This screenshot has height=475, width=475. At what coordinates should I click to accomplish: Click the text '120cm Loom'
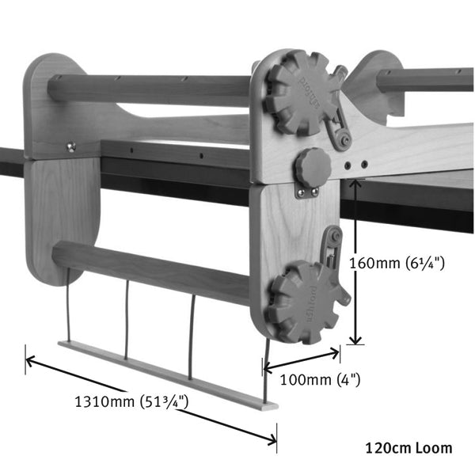(x=408, y=448)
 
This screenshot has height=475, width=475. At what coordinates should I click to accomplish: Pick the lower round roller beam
(x=150, y=265)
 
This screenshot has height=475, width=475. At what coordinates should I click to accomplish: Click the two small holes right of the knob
(x=356, y=164)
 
